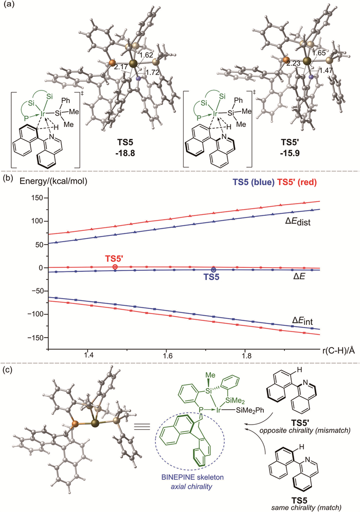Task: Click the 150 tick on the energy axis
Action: (x=36, y=198)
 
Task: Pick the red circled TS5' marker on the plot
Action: (x=115, y=267)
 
